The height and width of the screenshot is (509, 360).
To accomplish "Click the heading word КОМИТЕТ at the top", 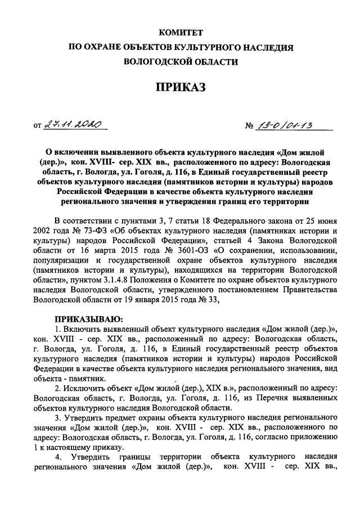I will (x=179, y=34).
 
